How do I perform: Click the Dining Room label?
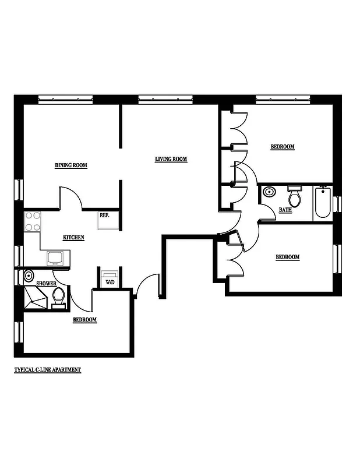[x=71, y=165]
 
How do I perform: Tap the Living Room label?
[x=171, y=159]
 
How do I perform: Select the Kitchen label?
[x=74, y=238]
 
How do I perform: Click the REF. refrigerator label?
[x=105, y=215]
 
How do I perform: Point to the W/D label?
[x=110, y=283]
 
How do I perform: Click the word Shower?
[x=47, y=284]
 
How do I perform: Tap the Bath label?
[x=285, y=210]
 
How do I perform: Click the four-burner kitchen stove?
[x=33, y=222]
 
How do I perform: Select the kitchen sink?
[x=57, y=256]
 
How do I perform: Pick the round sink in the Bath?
[x=269, y=192]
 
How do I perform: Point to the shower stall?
[x=36, y=298]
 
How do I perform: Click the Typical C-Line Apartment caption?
[x=47, y=370]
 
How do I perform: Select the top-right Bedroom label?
[x=283, y=147]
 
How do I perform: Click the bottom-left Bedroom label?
[x=84, y=320]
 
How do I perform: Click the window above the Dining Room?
[x=66, y=99]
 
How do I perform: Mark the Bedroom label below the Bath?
[x=287, y=257]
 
